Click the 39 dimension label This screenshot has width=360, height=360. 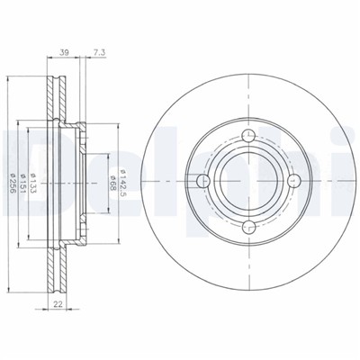[x=64, y=53]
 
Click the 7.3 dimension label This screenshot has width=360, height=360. [x=98, y=53]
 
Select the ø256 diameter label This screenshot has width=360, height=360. [x=13, y=183]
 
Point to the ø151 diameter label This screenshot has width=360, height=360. [x=23, y=183]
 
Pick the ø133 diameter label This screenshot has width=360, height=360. [x=33, y=183]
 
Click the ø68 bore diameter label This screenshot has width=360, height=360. [x=112, y=183]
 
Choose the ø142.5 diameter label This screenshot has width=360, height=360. [x=122, y=183]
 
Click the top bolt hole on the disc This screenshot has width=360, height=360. [x=248, y=136]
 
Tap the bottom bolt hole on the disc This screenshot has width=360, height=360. [x=248, y=228]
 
